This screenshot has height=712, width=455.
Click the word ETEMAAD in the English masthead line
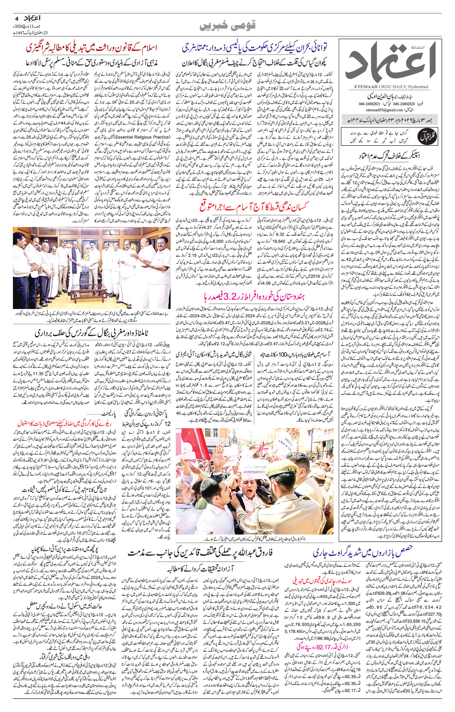coord(359,87)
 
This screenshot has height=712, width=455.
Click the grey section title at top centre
coord(227,26)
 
